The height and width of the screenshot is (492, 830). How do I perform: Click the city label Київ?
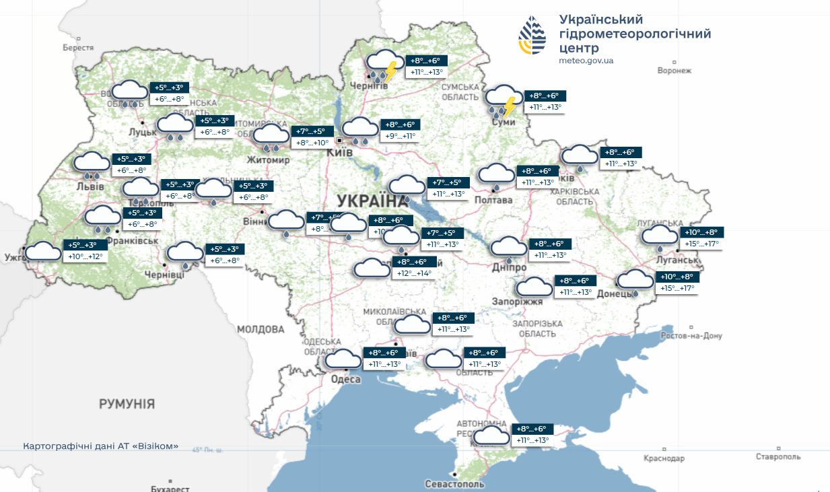coord(339,153)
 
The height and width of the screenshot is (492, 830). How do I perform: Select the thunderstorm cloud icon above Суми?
coord(502,101)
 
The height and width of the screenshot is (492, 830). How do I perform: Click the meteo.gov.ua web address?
coord(586,61)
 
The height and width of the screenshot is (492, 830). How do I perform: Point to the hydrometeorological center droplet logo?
coord(532,36)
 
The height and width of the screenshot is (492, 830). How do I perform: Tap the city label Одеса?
coord(346,380)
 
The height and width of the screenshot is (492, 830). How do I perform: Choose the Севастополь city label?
coord(454,484)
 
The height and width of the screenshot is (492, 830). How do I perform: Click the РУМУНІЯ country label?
coord(127,404)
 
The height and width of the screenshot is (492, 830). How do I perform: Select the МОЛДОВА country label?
coord(261,329)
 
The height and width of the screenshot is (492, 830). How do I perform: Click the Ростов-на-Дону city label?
coord(691,336)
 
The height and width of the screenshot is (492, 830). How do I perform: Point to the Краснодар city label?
coord(664,458)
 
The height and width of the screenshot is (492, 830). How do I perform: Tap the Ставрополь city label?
coord(778,457)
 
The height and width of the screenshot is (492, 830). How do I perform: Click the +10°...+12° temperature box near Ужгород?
coord(85,257)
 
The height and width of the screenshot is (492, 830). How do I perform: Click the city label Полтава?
coord(493,200)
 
